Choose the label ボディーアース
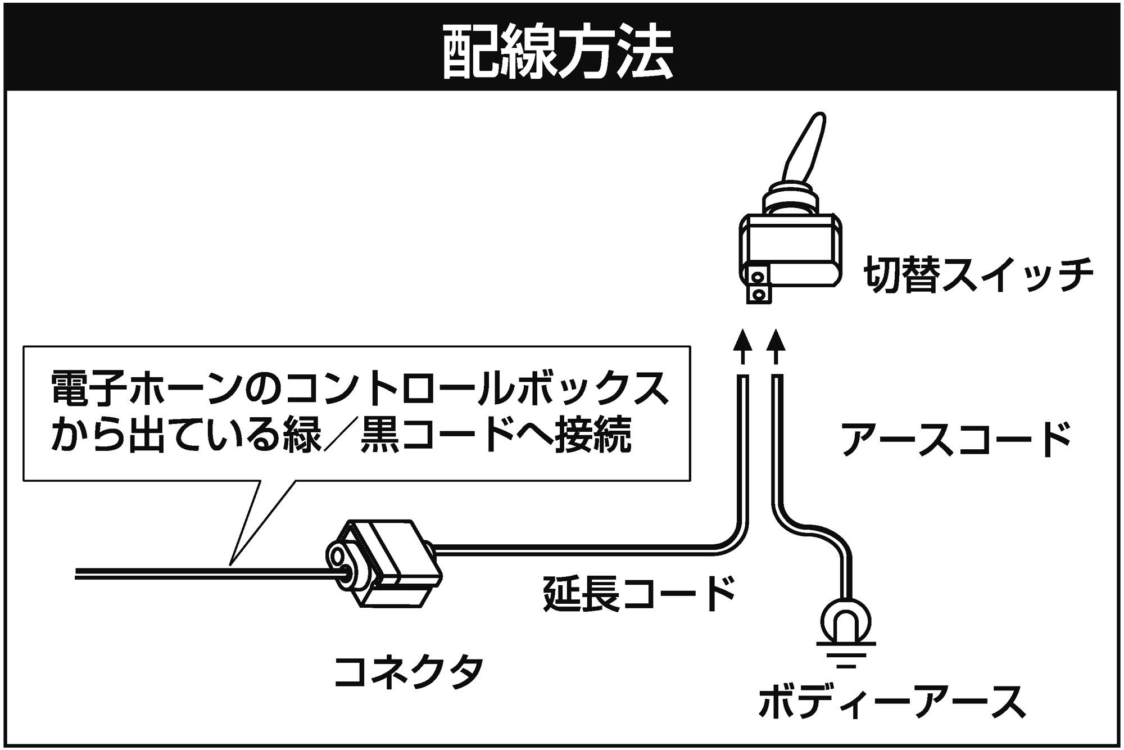[891, 702]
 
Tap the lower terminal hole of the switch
[759, 295]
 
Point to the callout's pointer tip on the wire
[231, 563]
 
